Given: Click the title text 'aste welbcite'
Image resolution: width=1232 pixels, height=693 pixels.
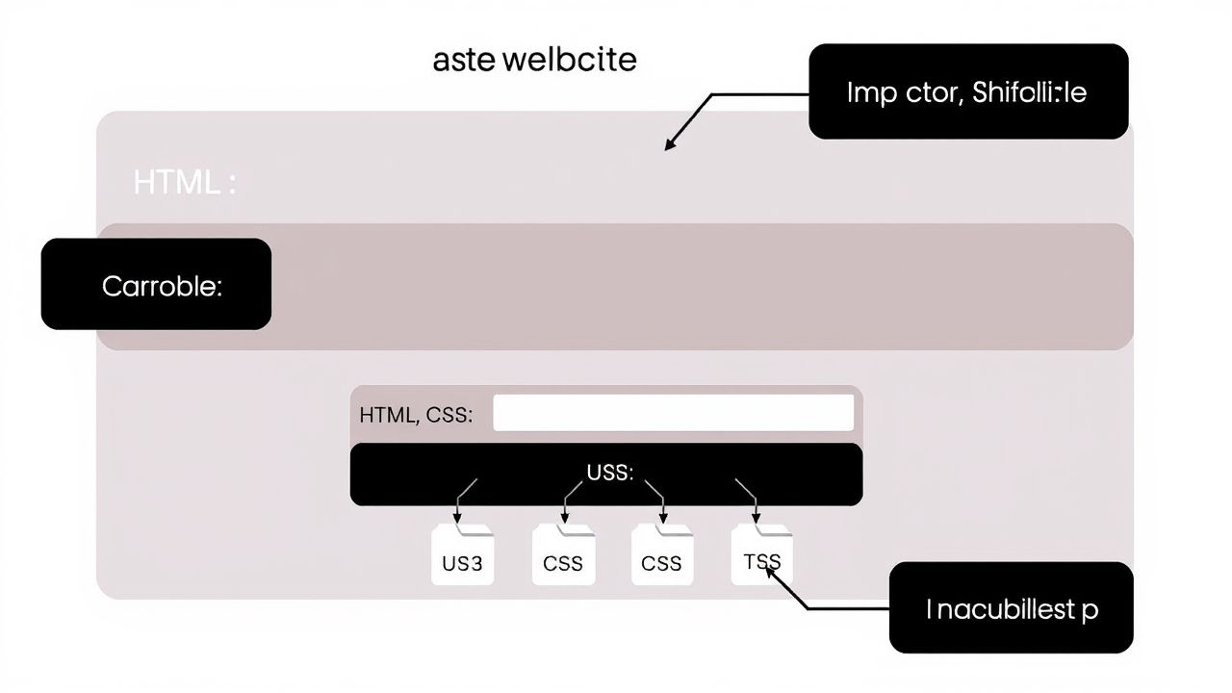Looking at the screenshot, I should point(534,60).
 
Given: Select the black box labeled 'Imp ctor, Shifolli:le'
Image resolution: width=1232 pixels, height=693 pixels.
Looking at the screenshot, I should point(967,91).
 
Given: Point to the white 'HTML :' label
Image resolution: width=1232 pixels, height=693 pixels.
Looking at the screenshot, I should point(184,182).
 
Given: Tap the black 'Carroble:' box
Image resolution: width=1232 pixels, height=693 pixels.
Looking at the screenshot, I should point(156,284).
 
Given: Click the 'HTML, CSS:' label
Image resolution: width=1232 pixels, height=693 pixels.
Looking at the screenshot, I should point(416,416).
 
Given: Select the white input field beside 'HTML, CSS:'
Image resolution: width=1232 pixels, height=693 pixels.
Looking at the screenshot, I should point(673,413).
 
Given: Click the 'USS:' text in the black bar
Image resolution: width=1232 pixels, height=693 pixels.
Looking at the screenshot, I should point(609,473).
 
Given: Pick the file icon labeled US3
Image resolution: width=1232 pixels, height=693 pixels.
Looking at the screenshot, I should point(462,556).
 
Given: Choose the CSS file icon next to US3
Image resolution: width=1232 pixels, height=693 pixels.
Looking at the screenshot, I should point(563,556).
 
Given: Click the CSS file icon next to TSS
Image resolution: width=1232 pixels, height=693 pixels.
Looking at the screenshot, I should point(661,556).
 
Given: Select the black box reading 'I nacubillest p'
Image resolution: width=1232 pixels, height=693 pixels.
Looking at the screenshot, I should point(1011,607).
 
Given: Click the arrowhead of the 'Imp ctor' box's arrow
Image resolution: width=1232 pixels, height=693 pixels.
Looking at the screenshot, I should point(669,147).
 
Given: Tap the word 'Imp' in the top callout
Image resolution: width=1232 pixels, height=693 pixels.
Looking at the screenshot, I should point(872,93).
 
